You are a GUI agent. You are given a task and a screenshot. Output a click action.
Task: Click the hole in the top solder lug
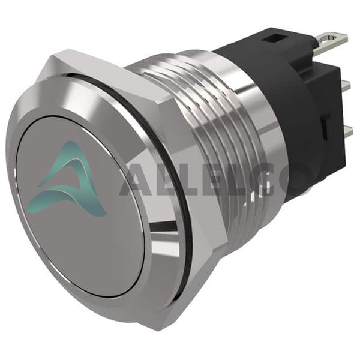331,37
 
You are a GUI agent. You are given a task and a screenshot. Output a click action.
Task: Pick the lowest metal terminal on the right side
349,131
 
